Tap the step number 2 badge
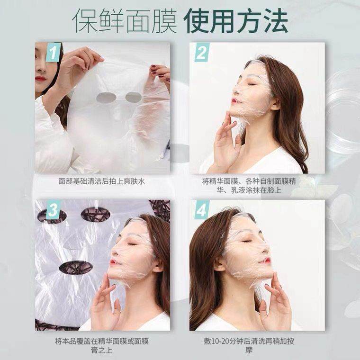pos(202,53)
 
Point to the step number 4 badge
pos(202,210)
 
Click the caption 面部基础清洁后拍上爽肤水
pos(102,181)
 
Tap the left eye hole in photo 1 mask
pos(107,98)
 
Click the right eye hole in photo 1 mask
pos(134,98)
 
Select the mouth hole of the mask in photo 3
pos(76,267)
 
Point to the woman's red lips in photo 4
pos(266,260)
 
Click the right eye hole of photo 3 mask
pos(95,215)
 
